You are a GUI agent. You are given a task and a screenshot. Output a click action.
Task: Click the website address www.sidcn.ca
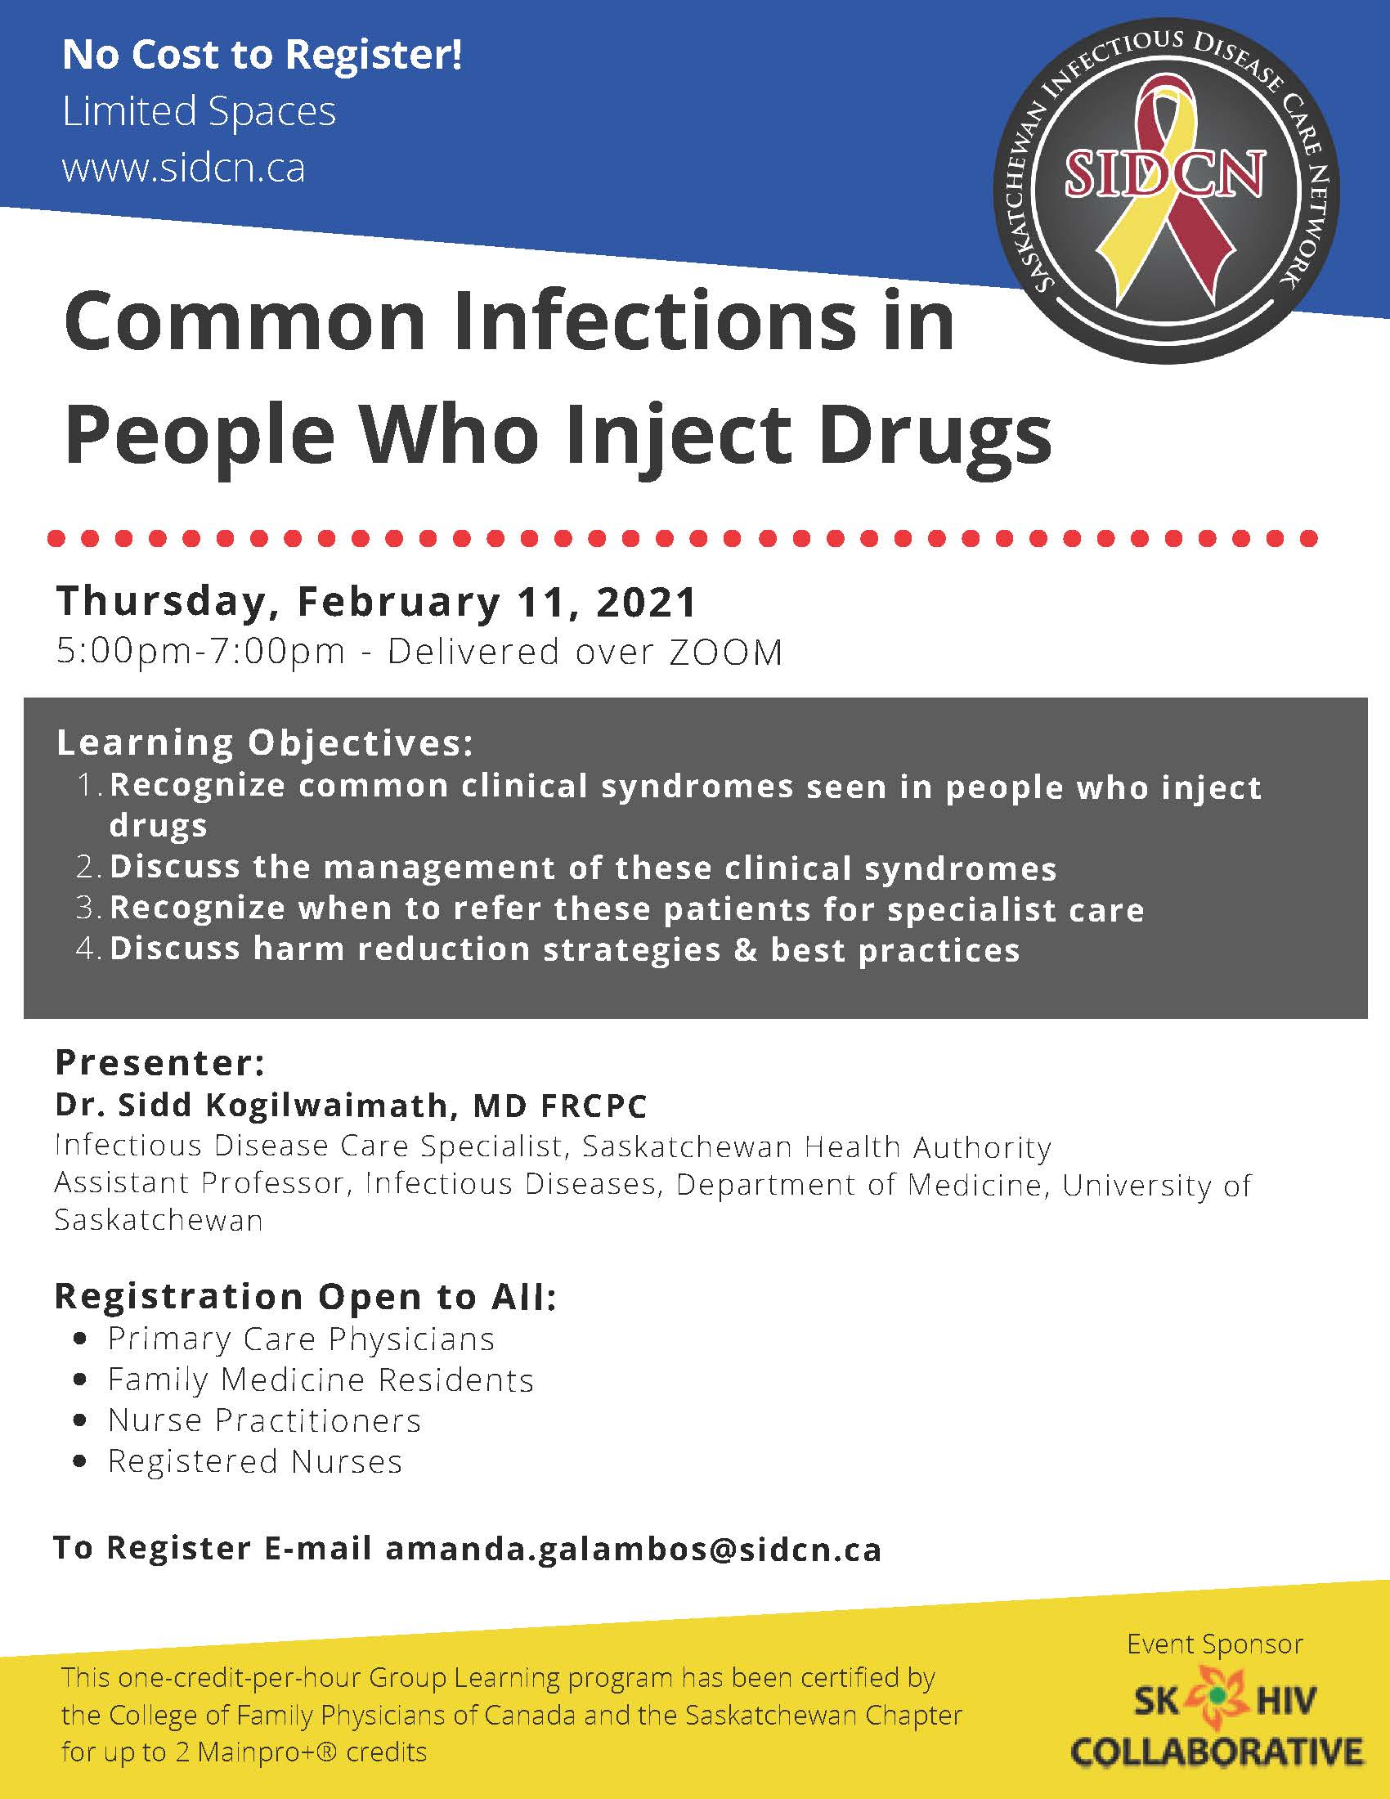[184, 168]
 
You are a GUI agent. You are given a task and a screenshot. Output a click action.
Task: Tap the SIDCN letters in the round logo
[1165, 174]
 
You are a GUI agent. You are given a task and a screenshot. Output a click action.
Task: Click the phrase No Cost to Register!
[262, 55]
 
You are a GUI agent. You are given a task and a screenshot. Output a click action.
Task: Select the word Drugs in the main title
[935, 434]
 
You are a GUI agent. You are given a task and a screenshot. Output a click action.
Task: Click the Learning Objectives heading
[265, 743]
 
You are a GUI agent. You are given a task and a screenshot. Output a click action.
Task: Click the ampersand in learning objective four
[745, 949]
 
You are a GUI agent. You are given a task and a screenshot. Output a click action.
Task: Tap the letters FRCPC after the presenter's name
[593, 1106]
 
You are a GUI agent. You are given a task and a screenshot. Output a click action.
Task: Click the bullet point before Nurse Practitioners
[80, 1421]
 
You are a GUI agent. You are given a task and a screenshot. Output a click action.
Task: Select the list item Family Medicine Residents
[321, 1380]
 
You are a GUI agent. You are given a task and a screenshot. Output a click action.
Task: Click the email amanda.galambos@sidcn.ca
[633, 1550]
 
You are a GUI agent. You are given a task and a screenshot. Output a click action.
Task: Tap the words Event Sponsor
[1214, 1644]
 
